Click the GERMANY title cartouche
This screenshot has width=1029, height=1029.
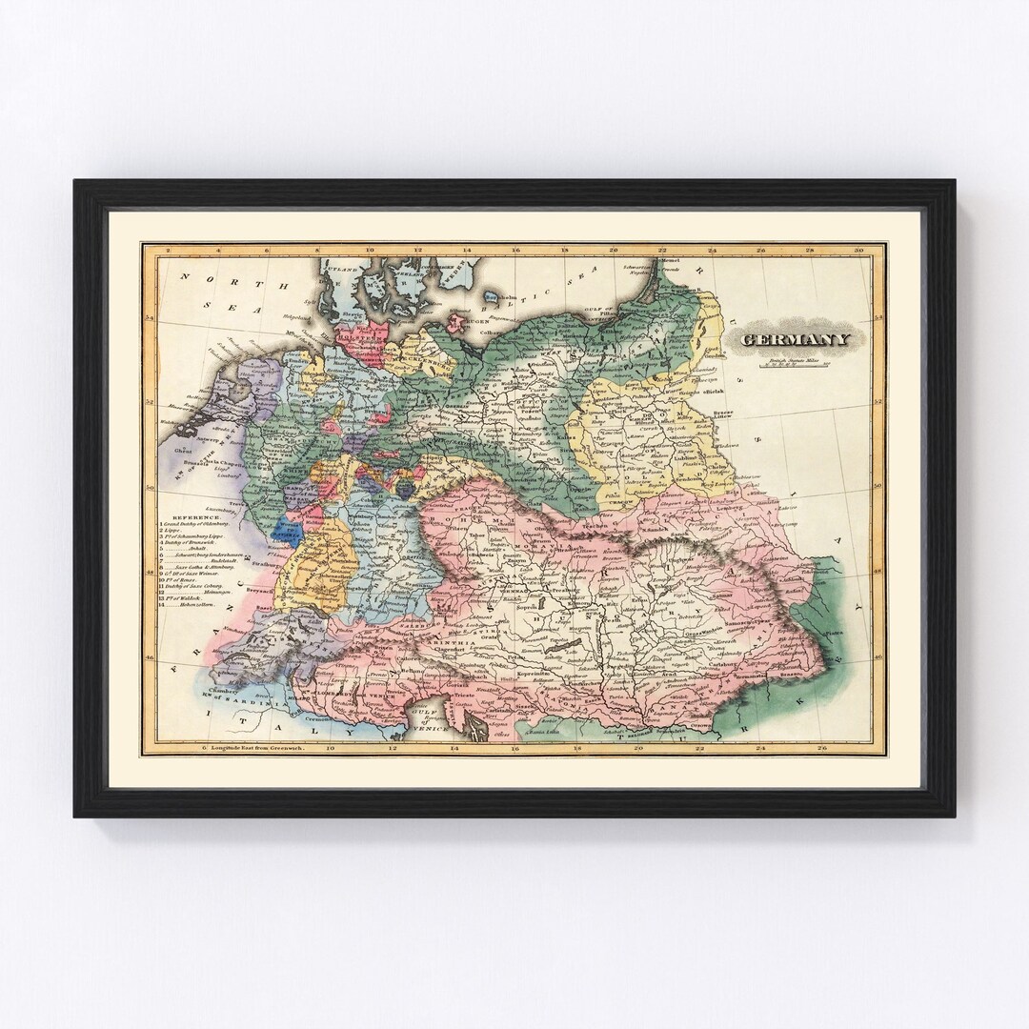click(796, 340)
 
